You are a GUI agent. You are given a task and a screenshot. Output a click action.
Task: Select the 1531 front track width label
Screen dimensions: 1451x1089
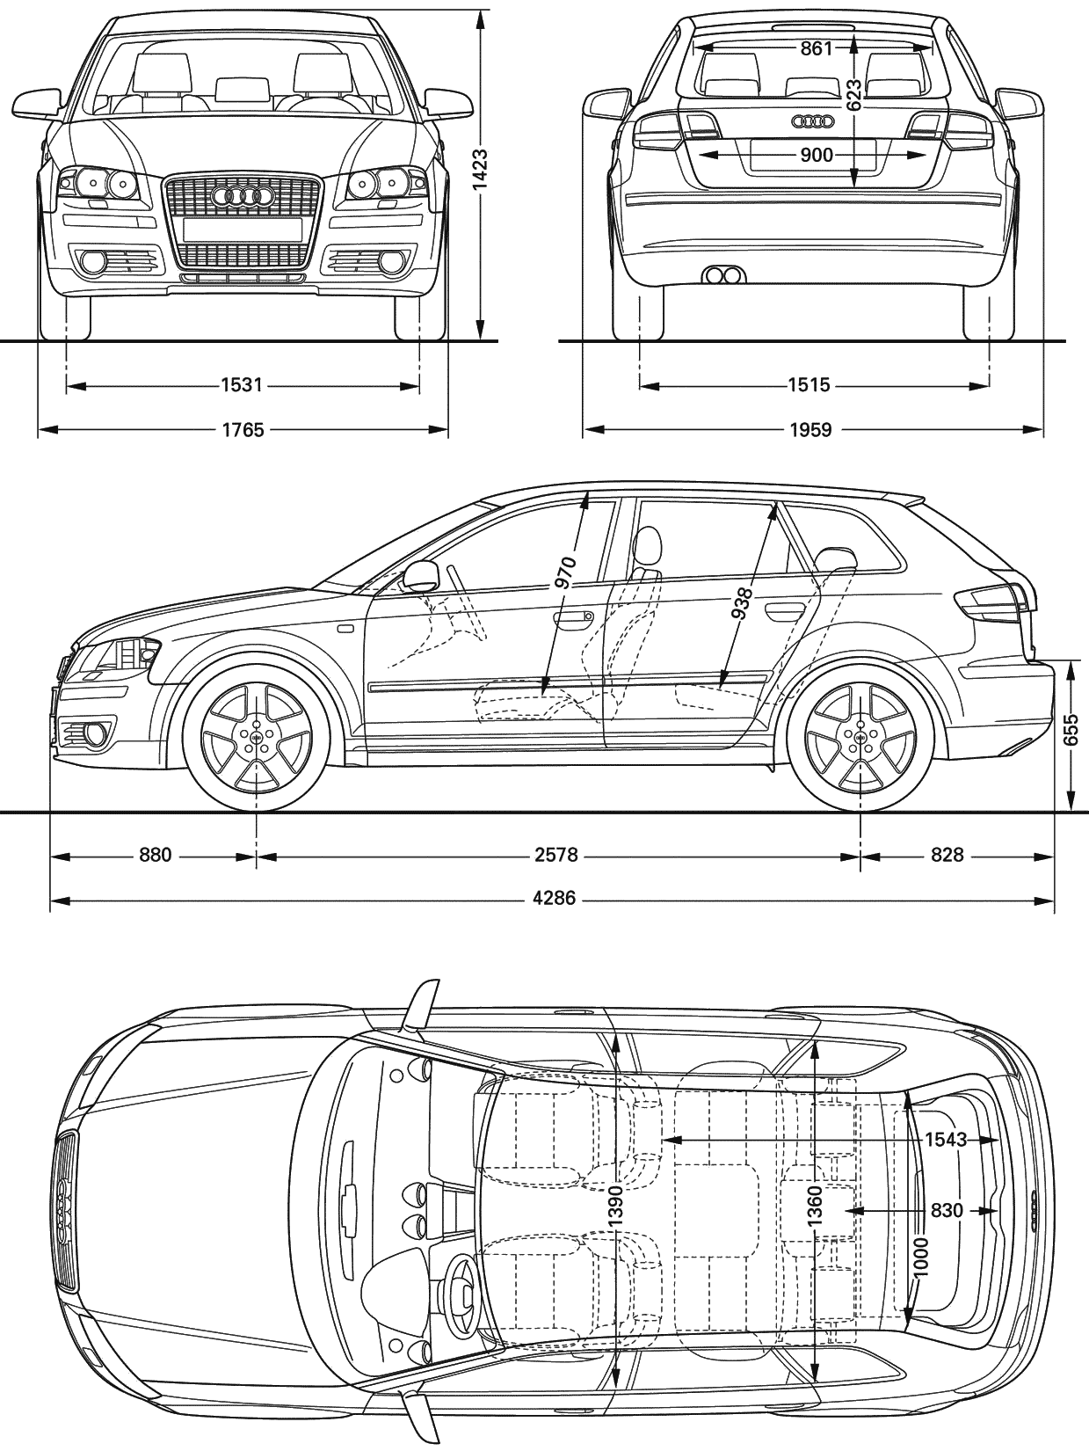[x=243, y=385]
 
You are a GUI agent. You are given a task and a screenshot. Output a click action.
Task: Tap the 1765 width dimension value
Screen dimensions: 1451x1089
[x=243, y=430]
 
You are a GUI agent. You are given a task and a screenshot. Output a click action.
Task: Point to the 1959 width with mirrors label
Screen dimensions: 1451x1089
[x=810, y=430]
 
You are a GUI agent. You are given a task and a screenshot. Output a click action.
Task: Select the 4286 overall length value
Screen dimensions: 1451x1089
[x=555, y=899]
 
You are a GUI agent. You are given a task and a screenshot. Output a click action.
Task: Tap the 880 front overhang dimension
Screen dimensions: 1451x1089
[x=155, y=855]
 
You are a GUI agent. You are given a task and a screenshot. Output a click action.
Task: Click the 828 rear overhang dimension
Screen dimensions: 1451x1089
[x=947, y=855]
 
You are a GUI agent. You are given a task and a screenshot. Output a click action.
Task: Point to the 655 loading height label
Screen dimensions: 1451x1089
[x=1071, y=728]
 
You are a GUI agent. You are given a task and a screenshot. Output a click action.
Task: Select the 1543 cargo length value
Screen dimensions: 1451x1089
[x=946, y=1140]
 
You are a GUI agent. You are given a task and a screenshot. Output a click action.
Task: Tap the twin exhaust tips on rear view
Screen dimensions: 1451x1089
[x=722, y=276]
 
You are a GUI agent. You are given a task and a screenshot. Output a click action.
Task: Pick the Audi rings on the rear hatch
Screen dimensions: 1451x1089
[x=817, y=121]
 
